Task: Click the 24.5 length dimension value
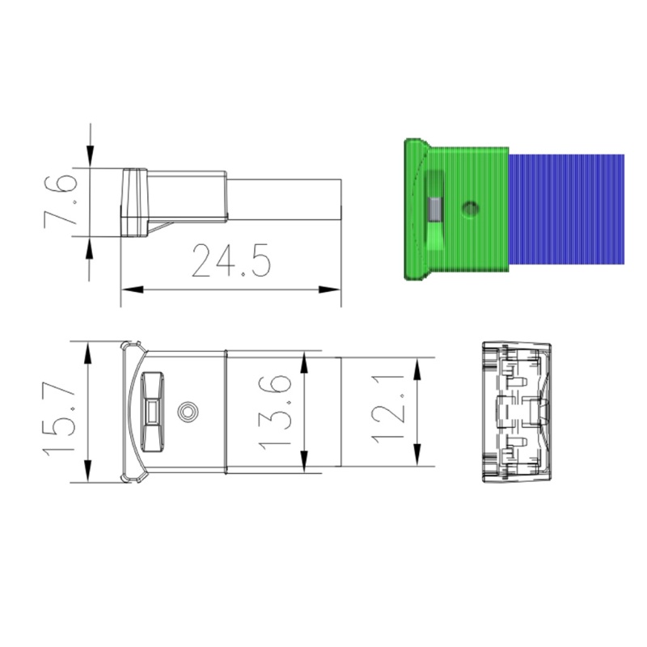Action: [x=231, y=260]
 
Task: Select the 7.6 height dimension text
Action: [x=61, y=201]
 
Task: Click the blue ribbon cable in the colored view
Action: [x=566, y=209]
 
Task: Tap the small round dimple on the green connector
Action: [x=470, y=208]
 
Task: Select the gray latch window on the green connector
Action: [x=435, y=209]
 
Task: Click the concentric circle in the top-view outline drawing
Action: [x=188, y=412]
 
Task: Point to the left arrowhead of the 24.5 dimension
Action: [x=132, y=290]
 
